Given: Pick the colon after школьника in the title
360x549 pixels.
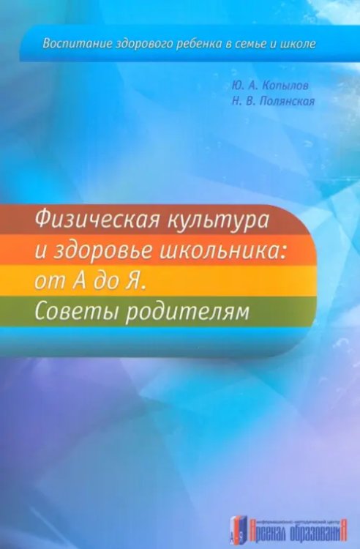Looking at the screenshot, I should (282, 253).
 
